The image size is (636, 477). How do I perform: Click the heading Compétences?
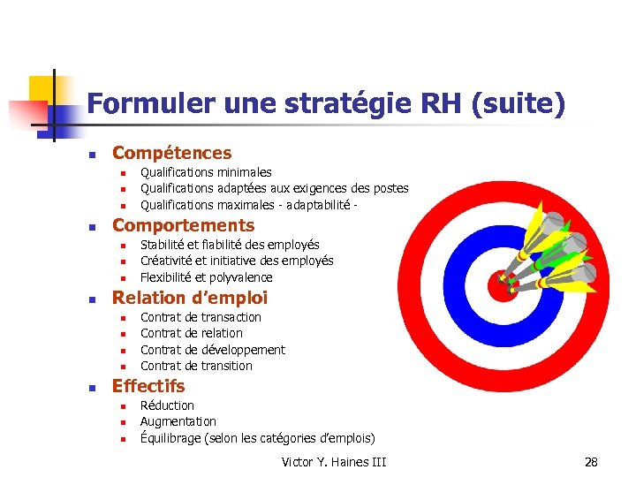coord(171,153)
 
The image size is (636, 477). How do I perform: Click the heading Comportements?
coord(183,225)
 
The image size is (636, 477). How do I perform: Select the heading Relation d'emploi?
coord(189,298)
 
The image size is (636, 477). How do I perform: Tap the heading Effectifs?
coord(148,386)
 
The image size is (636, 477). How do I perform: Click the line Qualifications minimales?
coord(206,172)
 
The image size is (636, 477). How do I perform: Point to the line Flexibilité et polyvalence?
coord(206,277)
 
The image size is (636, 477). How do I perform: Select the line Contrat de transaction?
coord(201,317)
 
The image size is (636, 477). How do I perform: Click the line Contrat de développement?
coord(212,350)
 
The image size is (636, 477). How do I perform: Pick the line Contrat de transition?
coord(196,366)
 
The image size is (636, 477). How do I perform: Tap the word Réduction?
coord(167,405)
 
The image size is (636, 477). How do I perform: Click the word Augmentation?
coord(178,421)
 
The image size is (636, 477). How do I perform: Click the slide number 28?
coord(591,462)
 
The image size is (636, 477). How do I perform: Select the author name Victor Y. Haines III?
coord(333,462)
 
